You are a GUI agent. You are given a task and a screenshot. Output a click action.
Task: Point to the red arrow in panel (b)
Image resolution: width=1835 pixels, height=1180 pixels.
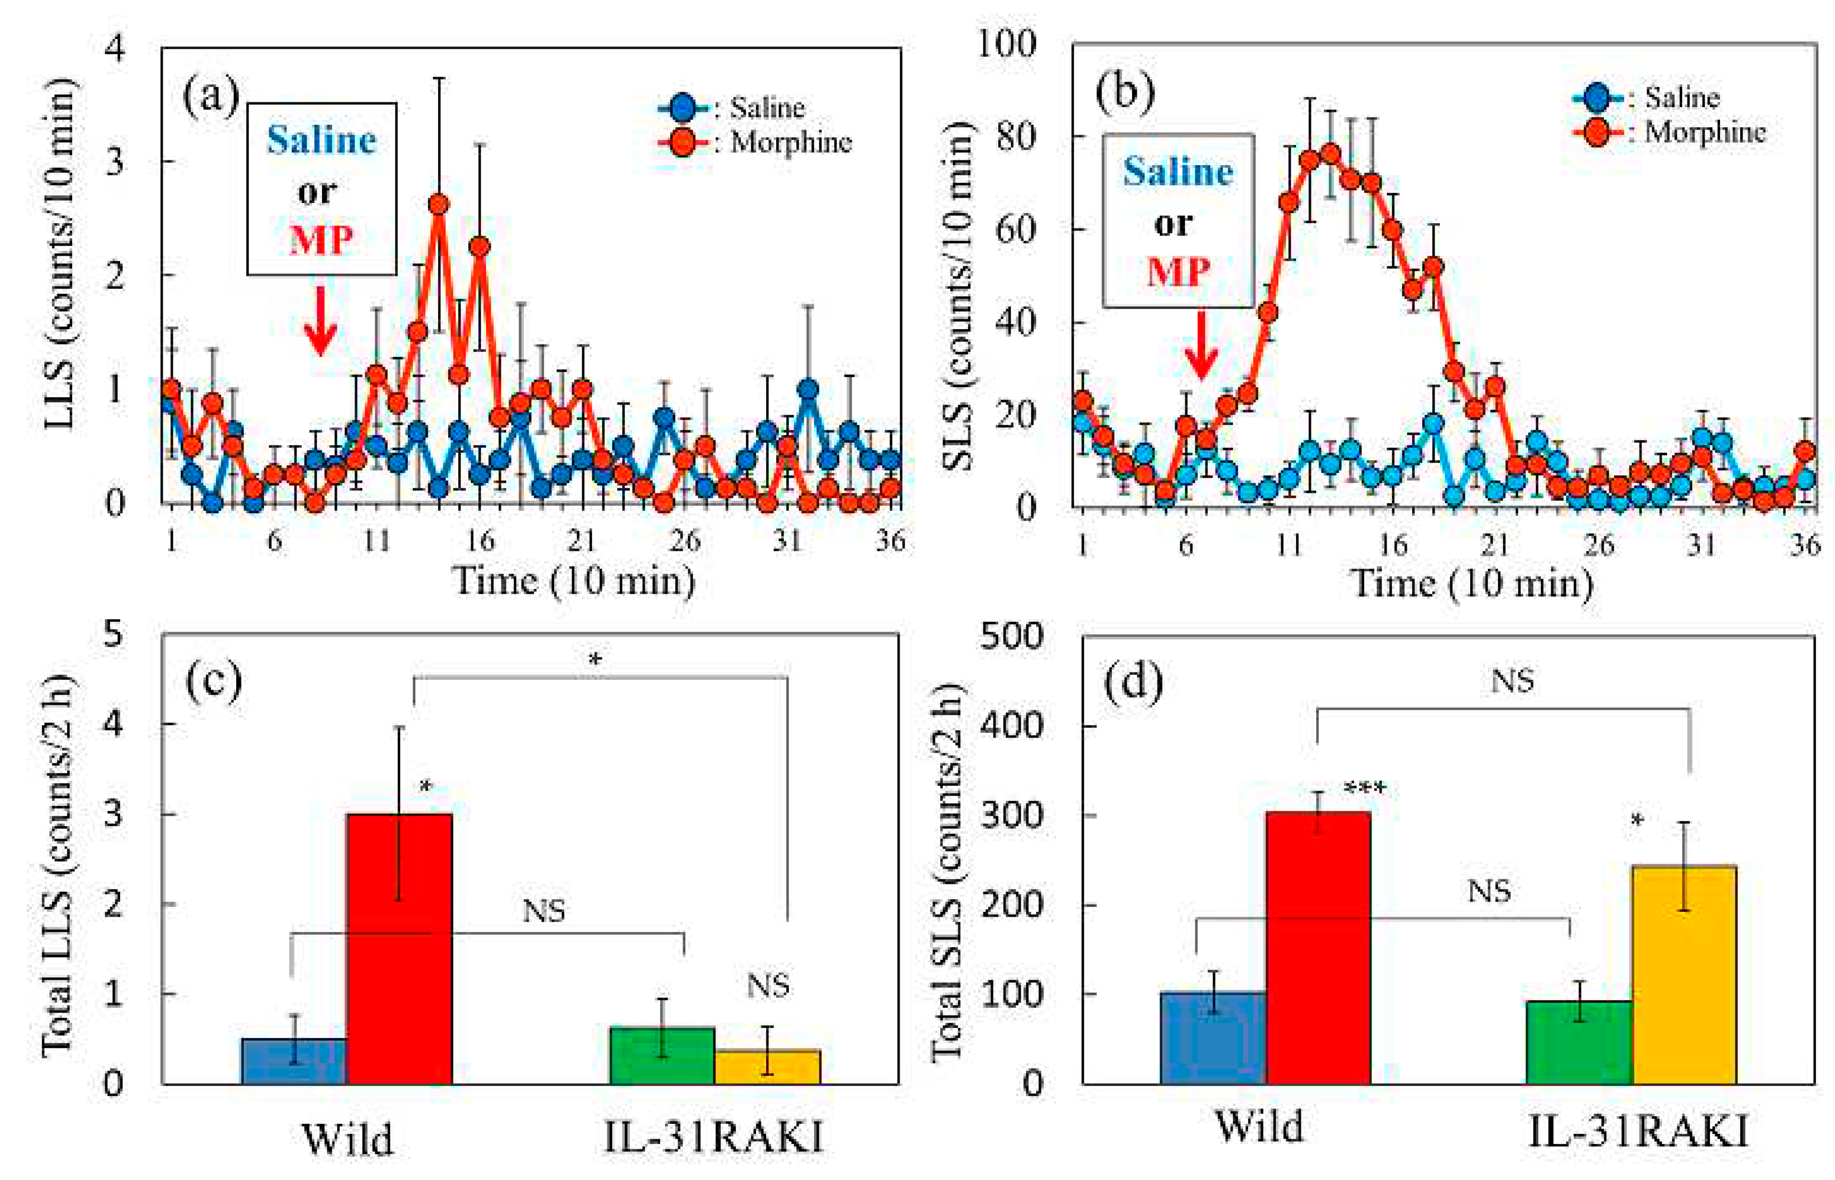[x=1201, y=344]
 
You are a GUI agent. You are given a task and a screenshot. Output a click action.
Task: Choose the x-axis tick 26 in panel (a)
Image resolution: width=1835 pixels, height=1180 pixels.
[x=684, y=541]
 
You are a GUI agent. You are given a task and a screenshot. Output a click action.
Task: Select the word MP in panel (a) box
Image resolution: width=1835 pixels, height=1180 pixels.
[x=321, y=240]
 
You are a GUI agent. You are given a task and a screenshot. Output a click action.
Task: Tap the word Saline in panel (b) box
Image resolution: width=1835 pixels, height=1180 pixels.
[x=1178, y=172]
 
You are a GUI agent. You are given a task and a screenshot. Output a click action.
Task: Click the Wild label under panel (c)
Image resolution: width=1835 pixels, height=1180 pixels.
[x=348, y=1139]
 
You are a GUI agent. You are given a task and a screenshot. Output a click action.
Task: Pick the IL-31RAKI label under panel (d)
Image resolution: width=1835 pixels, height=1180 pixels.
[x=1637, y=1131]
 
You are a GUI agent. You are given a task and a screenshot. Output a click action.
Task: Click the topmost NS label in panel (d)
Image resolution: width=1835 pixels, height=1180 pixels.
[x=1512, y=680]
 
